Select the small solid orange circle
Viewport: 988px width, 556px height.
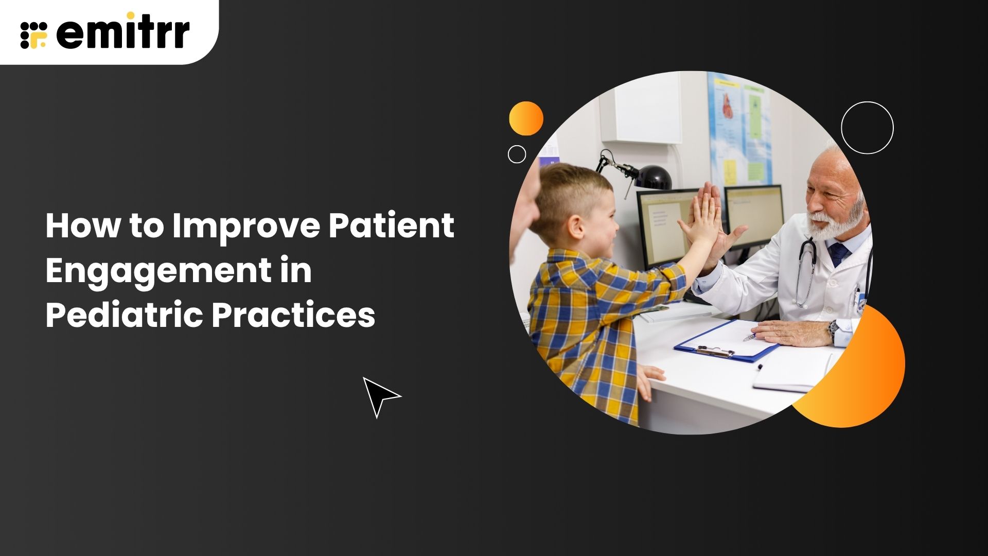pos(526,118)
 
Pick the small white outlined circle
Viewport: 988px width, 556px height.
pos(517,154)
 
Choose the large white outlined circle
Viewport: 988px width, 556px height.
pos(867,128)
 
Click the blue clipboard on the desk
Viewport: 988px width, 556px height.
pos(726,342)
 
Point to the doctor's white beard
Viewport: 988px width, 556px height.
pos(836,221)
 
